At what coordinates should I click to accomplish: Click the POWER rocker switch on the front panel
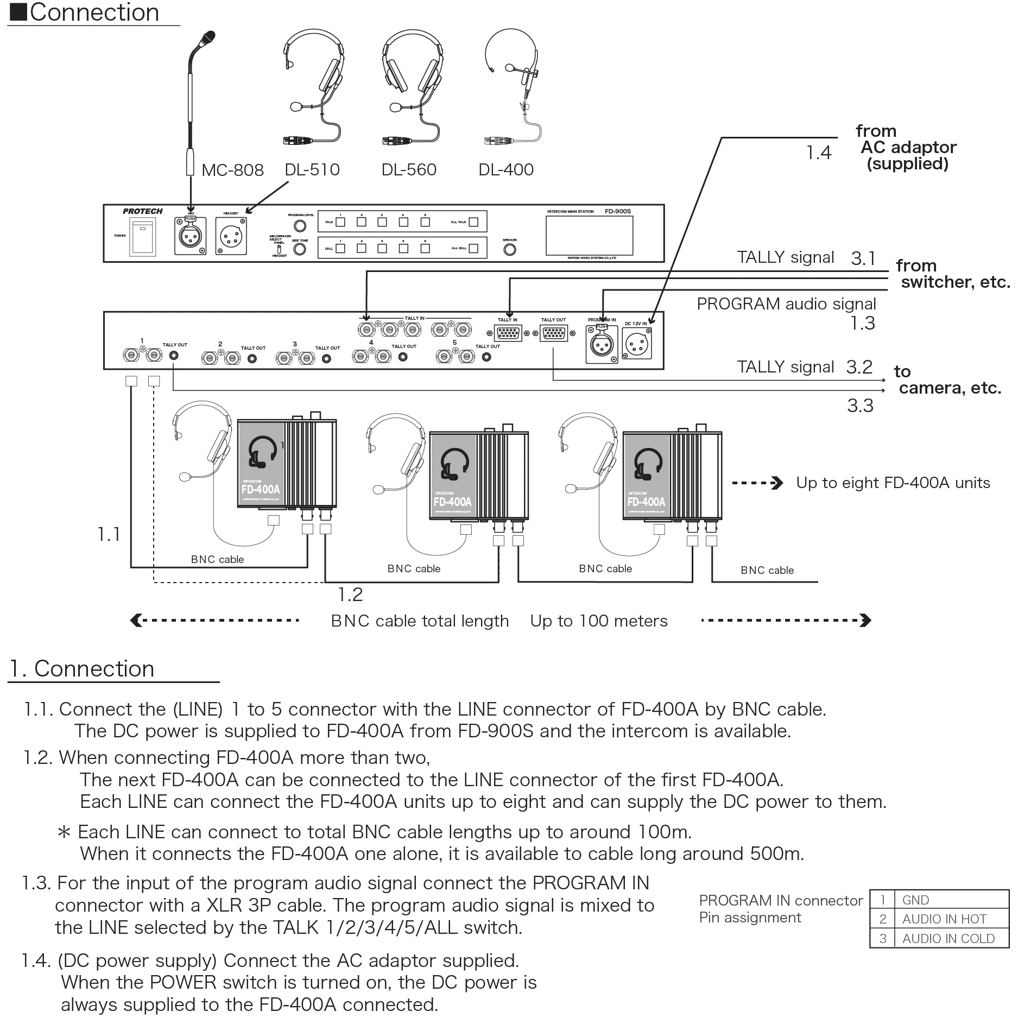click(x=143, y=237)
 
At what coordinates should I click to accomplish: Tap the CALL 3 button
click(x=382, y=248)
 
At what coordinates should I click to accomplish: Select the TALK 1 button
click(x=340, y=222)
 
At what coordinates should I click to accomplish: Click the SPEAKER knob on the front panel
click(x=509, y=250)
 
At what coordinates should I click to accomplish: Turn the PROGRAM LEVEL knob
click(x=300, y=226)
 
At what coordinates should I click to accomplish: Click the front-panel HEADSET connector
click(x=231, y=236)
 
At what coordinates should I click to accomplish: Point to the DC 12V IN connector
click(x=637, y=344)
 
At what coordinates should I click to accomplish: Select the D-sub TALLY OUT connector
click(x=553, y=333)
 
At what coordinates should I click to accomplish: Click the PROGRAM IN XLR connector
click(x=602, y=343)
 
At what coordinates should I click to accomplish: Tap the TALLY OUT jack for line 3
click(x=326, y=358)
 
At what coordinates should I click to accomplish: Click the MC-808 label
click(x=232, y=170)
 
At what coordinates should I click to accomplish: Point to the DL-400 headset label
click(x=505, y=170)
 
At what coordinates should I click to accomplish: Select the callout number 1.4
click(x=818, y=153)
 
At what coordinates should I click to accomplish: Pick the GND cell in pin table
click(x=915, y=900)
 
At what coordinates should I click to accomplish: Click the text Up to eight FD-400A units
click(x=893, y=483)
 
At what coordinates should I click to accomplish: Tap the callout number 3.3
click(x=860, y=406)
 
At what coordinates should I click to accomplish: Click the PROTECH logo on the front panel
click(x=142, y=211)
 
